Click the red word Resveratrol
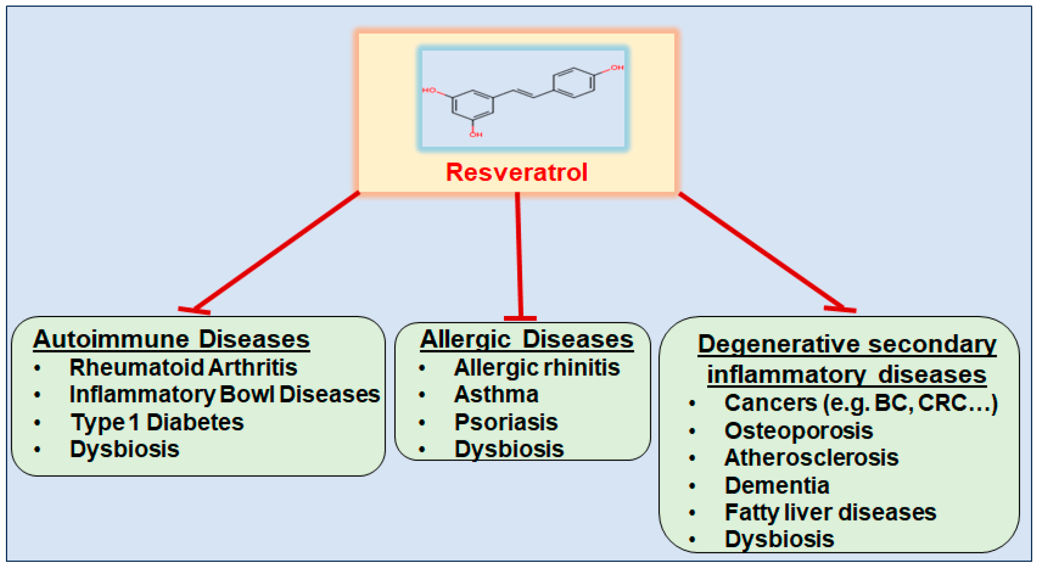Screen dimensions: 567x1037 [516, 173]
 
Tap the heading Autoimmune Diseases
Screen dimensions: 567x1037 [171, 339]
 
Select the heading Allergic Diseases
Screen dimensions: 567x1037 [527, 339]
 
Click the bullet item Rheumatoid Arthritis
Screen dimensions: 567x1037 [183, 368]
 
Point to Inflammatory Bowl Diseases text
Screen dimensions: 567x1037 [224, 395]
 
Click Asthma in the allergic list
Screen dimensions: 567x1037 [496, 395]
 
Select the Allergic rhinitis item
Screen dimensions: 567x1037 [537, 368]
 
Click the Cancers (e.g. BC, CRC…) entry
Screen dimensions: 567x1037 [861, 403]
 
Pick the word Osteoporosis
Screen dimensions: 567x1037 [799, 431]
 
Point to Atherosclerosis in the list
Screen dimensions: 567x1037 [811, 458]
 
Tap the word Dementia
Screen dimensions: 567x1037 [777, 486]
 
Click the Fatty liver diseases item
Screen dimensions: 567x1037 [830, 513]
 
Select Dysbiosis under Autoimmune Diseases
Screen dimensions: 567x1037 [124, 449]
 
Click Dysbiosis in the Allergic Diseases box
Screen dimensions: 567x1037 [509, 449]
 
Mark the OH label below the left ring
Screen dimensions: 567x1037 [476, 135]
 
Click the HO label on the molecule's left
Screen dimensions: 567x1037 [429, 90]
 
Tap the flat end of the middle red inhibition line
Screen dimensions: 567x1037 [520, 318]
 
